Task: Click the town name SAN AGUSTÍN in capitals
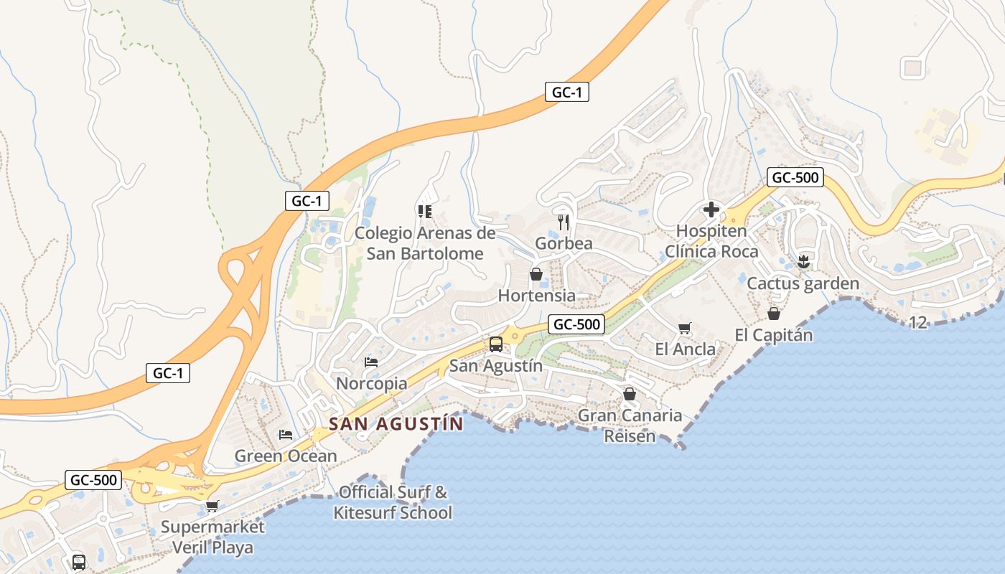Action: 396,424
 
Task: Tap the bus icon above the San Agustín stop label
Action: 496,344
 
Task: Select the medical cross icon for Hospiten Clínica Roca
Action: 711,210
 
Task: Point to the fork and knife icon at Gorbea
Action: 564,222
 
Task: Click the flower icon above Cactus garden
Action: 803,262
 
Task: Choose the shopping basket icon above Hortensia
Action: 536,274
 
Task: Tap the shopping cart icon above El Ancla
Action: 685,328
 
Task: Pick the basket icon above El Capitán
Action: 774,314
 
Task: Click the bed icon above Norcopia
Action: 371,362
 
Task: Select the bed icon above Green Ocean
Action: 286,434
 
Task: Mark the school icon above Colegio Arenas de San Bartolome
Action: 424,211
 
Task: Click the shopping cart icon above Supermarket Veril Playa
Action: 212,506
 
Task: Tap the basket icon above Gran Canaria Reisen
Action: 630,394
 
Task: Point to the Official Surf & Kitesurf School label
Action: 393,502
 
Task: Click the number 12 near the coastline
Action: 918,323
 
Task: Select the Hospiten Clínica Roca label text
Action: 711,241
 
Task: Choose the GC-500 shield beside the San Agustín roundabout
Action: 577,324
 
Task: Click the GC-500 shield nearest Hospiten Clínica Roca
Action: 794,177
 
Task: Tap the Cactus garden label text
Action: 803,283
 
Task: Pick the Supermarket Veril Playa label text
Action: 212,537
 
